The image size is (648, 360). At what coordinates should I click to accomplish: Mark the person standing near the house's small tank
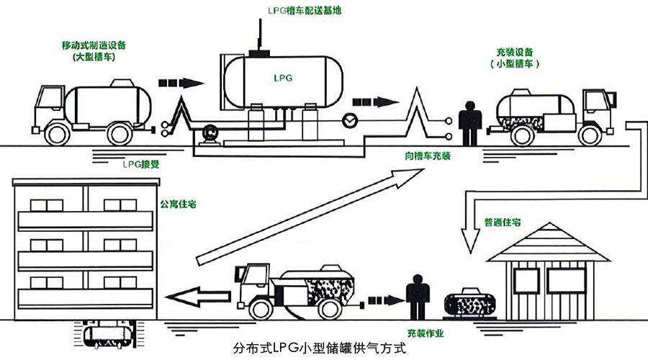[416, 295]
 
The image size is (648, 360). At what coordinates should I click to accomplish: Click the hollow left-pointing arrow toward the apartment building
[198, 293]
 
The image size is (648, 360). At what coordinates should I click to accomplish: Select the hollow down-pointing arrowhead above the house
[474, 243]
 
